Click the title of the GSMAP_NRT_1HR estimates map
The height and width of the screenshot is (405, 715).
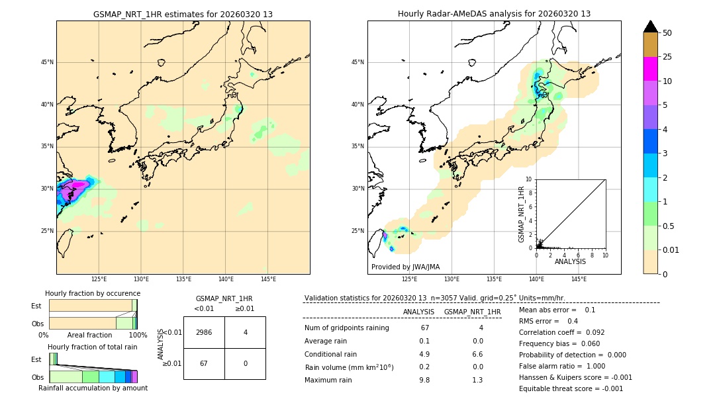coord(183,14)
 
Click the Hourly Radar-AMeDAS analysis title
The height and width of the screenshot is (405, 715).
coord(494,14)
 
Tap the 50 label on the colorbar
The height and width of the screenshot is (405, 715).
coord(667,33)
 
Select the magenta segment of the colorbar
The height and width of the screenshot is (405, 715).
coord(650,69)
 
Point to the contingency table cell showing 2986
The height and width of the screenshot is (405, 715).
coord(204,332)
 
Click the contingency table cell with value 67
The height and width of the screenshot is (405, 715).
coord(204,363)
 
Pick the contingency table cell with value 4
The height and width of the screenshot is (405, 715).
coord(245,332)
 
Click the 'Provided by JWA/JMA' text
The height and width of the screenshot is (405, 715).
coord(405,267)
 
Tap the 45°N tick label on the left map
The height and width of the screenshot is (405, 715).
coord(47,62)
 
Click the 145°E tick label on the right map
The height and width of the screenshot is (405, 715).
coord(579,279)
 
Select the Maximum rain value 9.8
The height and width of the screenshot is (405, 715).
coord(424,380)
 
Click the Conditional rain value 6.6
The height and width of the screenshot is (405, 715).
coord(477,354)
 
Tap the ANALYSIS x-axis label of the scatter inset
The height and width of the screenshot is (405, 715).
coord(570,261)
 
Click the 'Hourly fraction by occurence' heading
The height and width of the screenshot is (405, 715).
coord(93,293)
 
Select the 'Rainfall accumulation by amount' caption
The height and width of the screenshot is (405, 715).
coord(93,388)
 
